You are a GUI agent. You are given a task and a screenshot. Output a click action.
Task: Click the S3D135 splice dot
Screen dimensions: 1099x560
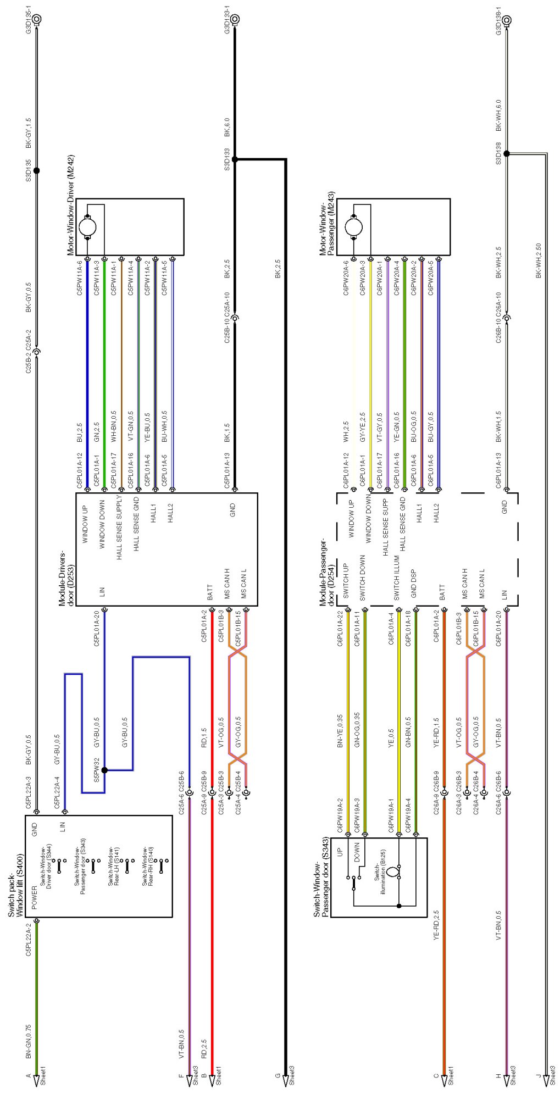[37, 170]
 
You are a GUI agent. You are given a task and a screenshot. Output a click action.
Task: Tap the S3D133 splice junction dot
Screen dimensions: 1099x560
[235, 159]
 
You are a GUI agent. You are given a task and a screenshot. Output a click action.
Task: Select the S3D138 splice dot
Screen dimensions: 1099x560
[506, 154]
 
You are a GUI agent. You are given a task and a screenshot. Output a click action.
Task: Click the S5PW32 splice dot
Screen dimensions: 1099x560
[104, 770]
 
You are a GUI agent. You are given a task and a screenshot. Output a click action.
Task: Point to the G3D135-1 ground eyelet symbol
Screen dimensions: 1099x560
[37, 19]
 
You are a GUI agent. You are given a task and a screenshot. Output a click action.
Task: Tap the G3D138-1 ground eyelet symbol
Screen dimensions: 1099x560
[506, 21]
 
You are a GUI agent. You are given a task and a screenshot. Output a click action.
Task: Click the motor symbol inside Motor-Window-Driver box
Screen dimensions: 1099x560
[88, 227]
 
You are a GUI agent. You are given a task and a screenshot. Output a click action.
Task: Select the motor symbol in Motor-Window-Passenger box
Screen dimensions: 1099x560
[353, 226]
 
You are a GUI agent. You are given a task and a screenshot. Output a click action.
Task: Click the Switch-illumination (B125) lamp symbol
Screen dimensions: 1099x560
[391, 872]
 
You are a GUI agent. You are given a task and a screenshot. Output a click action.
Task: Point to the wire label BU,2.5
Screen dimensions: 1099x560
[80, 433]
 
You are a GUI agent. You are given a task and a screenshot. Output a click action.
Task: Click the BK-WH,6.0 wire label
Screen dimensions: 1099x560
[498, 115]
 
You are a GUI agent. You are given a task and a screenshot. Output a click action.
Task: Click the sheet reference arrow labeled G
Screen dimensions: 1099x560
[286, 1080]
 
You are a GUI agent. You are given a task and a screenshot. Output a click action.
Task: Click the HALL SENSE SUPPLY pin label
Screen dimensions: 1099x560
[119, 528]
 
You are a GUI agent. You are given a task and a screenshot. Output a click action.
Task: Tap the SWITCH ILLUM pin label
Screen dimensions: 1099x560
[396, 578]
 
